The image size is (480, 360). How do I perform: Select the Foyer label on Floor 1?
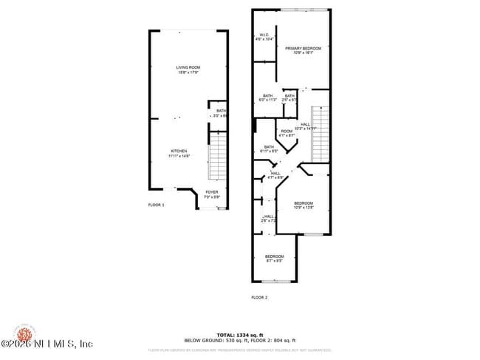(212, 194)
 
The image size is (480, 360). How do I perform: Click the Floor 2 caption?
(259, 297)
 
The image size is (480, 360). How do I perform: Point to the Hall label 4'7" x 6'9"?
(275, 175)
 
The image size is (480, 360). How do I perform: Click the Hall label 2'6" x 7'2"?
(268, 218)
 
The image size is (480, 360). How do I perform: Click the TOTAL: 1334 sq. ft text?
(240, 334)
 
